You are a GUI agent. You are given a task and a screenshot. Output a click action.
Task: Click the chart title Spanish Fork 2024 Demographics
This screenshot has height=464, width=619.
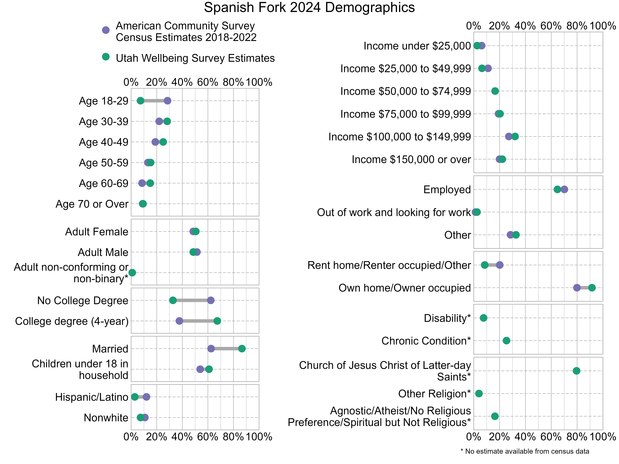coord(309,8)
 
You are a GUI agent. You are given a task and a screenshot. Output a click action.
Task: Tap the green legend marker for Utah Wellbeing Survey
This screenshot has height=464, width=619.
coord(105,57)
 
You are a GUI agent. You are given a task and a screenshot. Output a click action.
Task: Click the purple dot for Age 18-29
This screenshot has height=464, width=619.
coord(167,101)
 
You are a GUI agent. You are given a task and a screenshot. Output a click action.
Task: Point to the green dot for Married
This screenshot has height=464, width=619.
coord(242,349)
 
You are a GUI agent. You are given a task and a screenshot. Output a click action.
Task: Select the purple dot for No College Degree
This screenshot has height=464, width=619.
coord(211,300)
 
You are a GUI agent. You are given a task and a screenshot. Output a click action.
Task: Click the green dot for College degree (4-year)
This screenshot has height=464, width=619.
coord(217,321)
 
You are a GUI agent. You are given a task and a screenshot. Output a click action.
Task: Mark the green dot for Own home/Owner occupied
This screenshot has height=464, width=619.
coord(592,288)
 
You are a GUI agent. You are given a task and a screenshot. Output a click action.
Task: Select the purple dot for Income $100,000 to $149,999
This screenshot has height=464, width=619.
coord(509,136)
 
